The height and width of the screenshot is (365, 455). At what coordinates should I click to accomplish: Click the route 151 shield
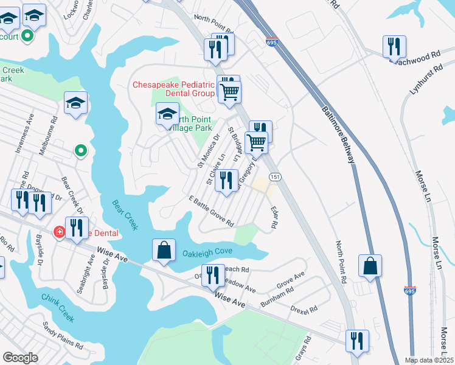(x=275, y=177)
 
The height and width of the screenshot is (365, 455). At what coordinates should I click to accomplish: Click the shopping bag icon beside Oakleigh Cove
(x=164, y=249)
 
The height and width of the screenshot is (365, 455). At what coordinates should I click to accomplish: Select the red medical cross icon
(x=59, y=232)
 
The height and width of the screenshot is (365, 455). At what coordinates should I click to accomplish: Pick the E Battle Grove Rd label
(x=211, y=211)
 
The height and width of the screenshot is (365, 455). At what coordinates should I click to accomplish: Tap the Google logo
(x=21, y=357)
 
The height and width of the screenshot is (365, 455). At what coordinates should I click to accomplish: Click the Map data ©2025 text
(x=428, y=360)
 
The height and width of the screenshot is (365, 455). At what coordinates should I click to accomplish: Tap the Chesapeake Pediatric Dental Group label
(x=174, y=89)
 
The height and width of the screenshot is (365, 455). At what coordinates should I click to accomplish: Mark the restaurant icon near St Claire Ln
(x=226, y=181)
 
